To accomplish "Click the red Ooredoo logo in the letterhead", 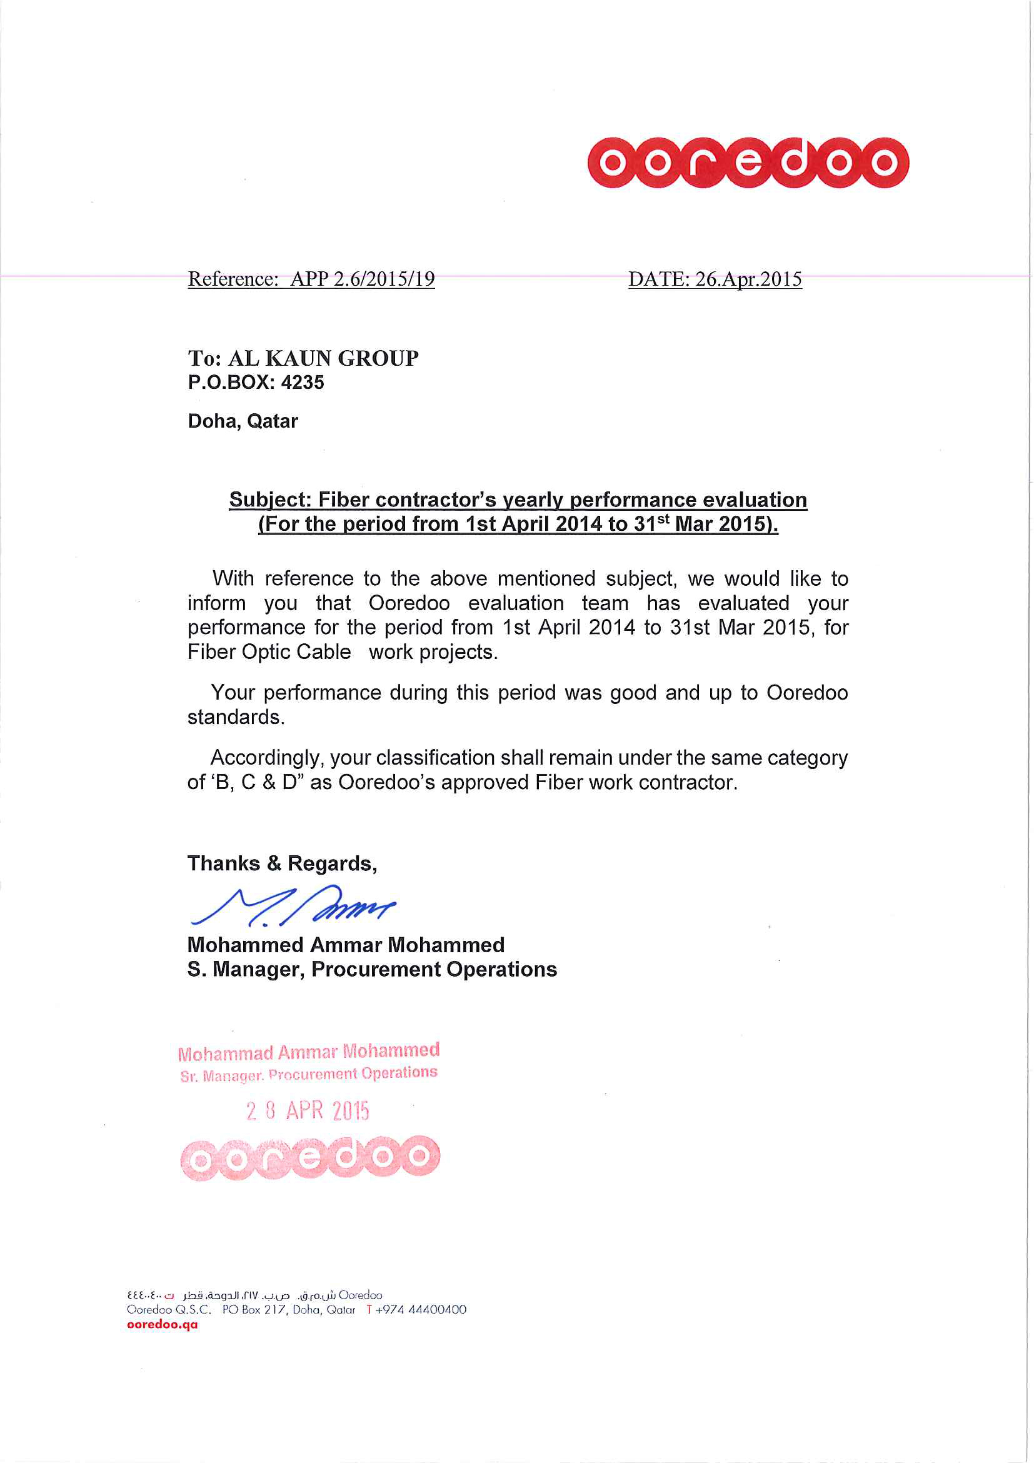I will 747,163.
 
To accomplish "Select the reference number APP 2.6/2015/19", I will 362,279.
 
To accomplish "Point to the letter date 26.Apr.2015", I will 748,279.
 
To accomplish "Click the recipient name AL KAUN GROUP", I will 323,358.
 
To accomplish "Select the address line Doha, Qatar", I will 243,421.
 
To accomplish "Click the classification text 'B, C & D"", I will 256,783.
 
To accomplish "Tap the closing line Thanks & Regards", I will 281,863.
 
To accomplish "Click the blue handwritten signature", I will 293,905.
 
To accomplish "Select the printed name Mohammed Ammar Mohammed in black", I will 346,944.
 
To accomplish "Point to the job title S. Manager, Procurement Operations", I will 372,969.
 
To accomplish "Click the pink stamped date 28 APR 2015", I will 308,1110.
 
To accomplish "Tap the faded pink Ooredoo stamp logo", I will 310,1157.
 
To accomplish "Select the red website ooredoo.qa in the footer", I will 163,1324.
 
